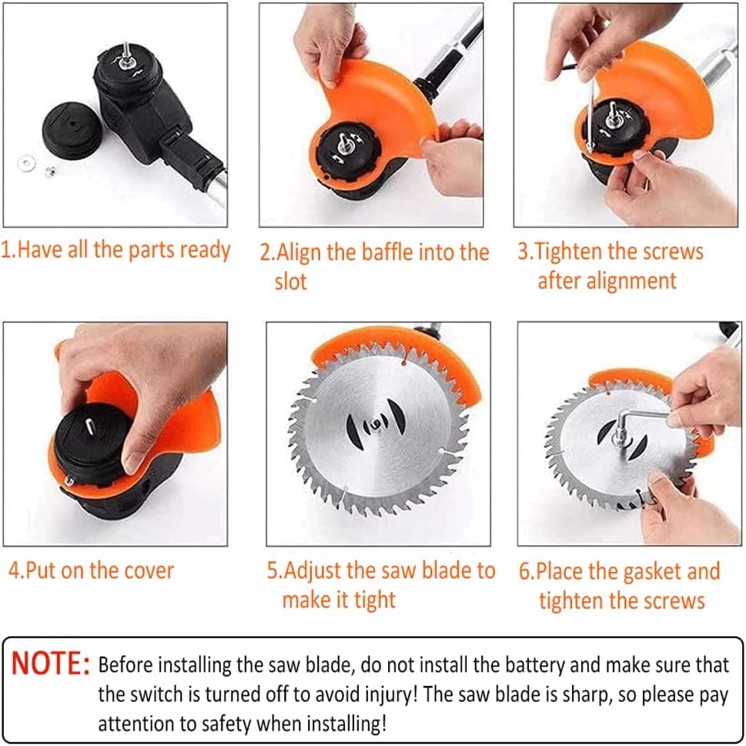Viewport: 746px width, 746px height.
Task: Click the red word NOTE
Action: pyautogui.click(x=51, y=663)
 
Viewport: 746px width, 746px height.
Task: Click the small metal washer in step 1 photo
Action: pyautogui.click(x=27, y=163)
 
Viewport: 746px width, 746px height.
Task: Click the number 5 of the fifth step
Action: pyautogui.click(x=272, y=570)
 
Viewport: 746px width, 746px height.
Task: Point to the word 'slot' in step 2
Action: pyautogui.click(x=291, y=281)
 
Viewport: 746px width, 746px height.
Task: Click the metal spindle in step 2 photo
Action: pyautogui.click(x=343, y=142)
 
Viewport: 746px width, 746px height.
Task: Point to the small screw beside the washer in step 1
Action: pyautogui.click(x=49, y=171)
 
